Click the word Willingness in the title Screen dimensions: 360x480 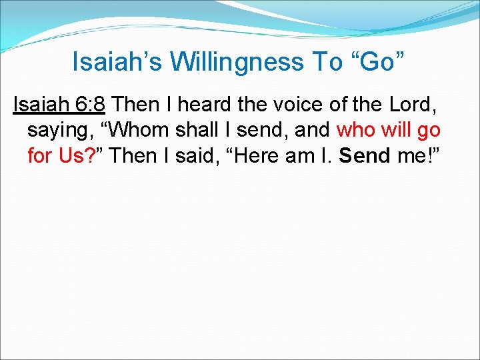[237, 62]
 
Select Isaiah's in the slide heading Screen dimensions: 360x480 [117, 62]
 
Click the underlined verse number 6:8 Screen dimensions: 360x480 [90, 104]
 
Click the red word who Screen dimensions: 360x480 [357, 129]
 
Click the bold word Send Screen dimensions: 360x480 [364, 155]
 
